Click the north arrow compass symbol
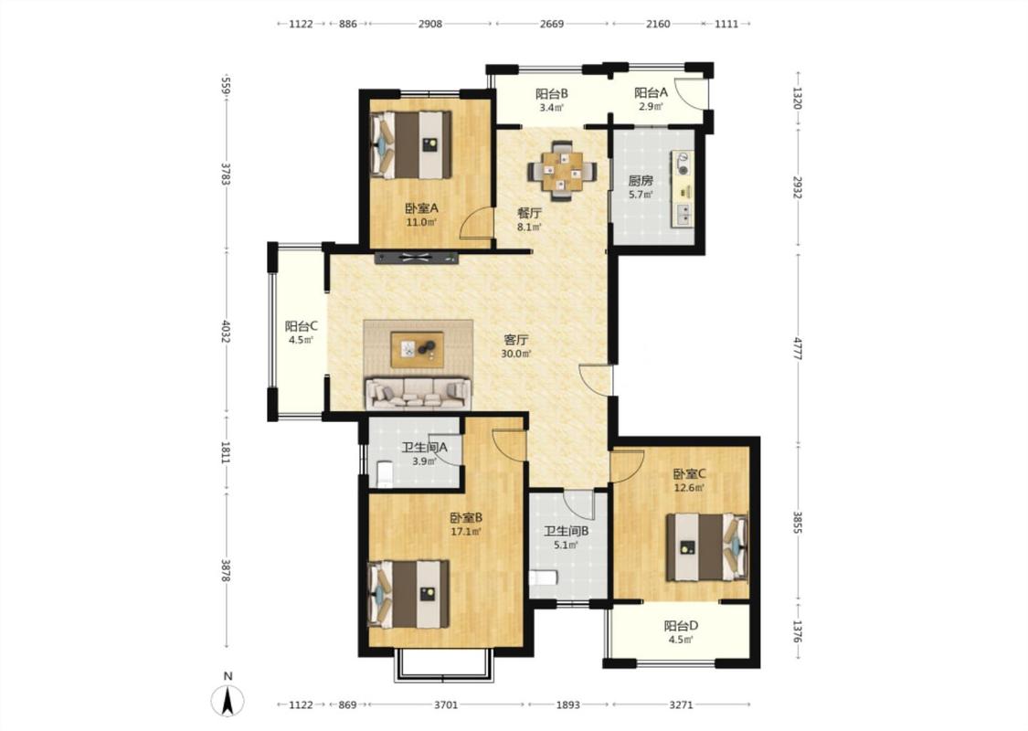pos(228,701)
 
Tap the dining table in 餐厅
pos(563,171)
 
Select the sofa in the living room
pos(419,393)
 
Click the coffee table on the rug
pos(417,349)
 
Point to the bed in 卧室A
pos(411,145)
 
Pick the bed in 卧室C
pos(707,547)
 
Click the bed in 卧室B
pos(409,594)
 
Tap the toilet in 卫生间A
pos(385,473)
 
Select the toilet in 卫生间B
pos(543,577)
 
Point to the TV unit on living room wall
pos(417,258)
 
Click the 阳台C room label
pos(302,326)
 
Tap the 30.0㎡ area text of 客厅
pos(516,354)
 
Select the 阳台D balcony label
pos(681,626)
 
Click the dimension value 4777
pos(798,349)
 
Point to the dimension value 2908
pos(430,24)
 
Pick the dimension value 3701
pos(446,705)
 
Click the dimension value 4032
pos(226,332)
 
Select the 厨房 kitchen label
pos(641,180)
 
